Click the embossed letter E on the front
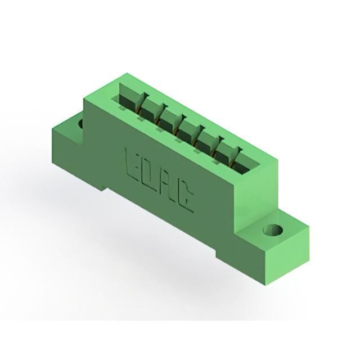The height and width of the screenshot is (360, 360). tap(131, 163)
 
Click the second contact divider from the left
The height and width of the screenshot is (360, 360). tap(161, 114)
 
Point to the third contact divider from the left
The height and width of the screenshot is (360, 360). tap(179, 124)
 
